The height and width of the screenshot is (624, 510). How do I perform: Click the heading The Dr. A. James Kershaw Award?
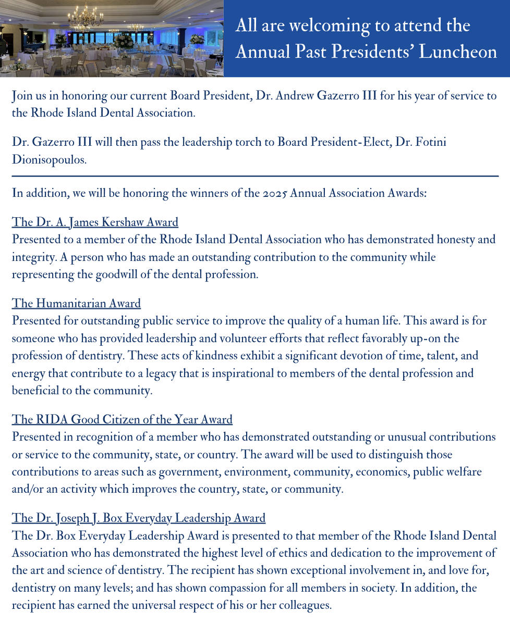click(x=95, y=222)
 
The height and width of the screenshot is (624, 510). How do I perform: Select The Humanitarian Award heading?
click(x=76, y=303)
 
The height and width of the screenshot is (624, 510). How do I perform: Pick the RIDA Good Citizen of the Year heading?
click(x=122, y=419)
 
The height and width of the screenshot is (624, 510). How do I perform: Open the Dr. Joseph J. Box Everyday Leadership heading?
click(x=139, y=518)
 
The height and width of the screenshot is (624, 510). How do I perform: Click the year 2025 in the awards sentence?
click(x=273, y=193)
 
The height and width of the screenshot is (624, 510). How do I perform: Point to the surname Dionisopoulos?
click(x=49, y=159)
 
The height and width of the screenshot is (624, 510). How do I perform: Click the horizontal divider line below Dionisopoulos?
click(x=255, y=177)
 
